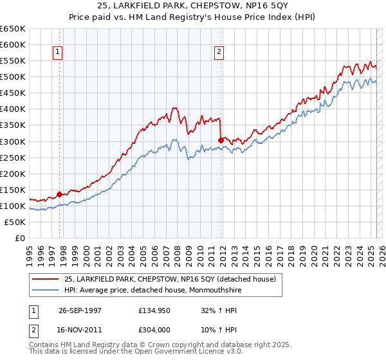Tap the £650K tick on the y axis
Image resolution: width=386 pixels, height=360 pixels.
point(14,29)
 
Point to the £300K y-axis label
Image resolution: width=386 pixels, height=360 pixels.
point(14,141)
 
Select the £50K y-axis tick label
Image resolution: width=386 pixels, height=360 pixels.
point(16,222)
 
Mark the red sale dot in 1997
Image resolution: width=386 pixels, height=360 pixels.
point(60,194)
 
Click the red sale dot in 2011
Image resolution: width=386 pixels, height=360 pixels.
point(221,139)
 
